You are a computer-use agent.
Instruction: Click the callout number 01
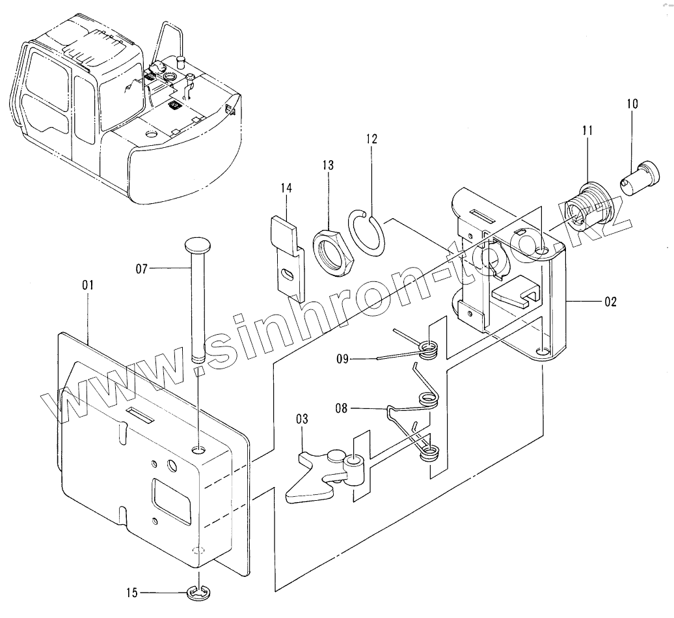[88, 285]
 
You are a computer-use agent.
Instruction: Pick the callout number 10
[633, 104]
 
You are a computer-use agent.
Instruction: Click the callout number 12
[371, 139]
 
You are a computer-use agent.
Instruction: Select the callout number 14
[287, 188]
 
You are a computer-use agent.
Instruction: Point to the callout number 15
[133, 593]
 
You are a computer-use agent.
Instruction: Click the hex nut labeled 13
[333, 251]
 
